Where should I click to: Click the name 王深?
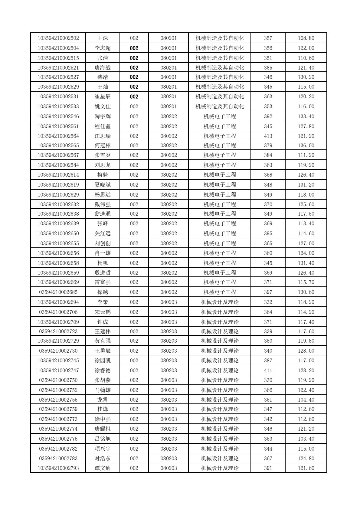point(103,38)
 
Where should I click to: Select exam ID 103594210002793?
point(58,468)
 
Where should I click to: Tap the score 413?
point(268,136)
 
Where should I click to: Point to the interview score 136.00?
point(306,145)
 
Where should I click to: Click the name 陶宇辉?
point(103,116)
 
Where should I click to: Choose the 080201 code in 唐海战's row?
point(169,67)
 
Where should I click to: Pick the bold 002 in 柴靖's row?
point(134,77)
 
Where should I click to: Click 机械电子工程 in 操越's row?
point(220,292)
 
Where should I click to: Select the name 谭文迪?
point(103,468)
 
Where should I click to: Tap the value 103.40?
point(306,439)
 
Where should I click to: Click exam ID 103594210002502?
point(58,38)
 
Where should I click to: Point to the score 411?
point(268,370)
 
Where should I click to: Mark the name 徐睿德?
point(103,370)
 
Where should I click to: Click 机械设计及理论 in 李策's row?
point(220,302)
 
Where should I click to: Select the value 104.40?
point(306,400)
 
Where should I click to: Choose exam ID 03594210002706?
point(58,312)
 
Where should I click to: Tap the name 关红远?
point(103,233)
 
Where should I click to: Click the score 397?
point(268,292)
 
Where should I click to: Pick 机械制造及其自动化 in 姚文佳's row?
point(220,106)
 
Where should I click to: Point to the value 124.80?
point(306,458)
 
